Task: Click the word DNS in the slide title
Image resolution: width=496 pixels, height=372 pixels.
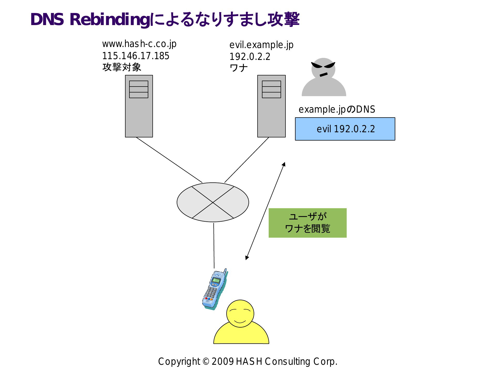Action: coord(47,19)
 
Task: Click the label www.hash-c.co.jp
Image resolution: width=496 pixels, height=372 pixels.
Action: coord(139,44)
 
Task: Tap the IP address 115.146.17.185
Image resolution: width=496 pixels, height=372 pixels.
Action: coord(136,56)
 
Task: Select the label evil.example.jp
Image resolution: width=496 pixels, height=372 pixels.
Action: coord(261,45)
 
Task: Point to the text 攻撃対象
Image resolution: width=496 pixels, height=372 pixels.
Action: coord(122,67)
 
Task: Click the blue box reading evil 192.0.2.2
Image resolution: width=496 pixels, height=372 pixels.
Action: coord(345,129)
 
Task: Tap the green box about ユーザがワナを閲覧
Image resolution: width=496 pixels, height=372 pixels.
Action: coord(308,223)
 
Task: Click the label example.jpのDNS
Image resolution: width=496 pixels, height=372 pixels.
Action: coord(337,109)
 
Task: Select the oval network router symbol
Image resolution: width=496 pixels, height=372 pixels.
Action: coord(213,202)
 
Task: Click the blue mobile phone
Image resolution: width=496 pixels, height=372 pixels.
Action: coord(215,289)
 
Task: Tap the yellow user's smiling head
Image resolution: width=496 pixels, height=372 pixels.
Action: coord(240,314)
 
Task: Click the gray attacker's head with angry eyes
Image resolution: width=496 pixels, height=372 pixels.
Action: coord(323,68)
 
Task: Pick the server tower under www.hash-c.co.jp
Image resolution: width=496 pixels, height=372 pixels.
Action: coord(139,106)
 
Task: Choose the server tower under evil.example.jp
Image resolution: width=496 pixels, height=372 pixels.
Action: coord(272,106)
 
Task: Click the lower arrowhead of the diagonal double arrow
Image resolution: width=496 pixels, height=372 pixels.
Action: coord(247,258)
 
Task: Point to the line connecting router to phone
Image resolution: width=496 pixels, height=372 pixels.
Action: coord(214,246)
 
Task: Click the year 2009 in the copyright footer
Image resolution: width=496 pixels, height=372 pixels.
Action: coord(223,361)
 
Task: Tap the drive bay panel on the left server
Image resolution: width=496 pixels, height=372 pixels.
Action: coord(139,89)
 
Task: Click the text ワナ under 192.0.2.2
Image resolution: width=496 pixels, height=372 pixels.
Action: coord(239,68)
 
